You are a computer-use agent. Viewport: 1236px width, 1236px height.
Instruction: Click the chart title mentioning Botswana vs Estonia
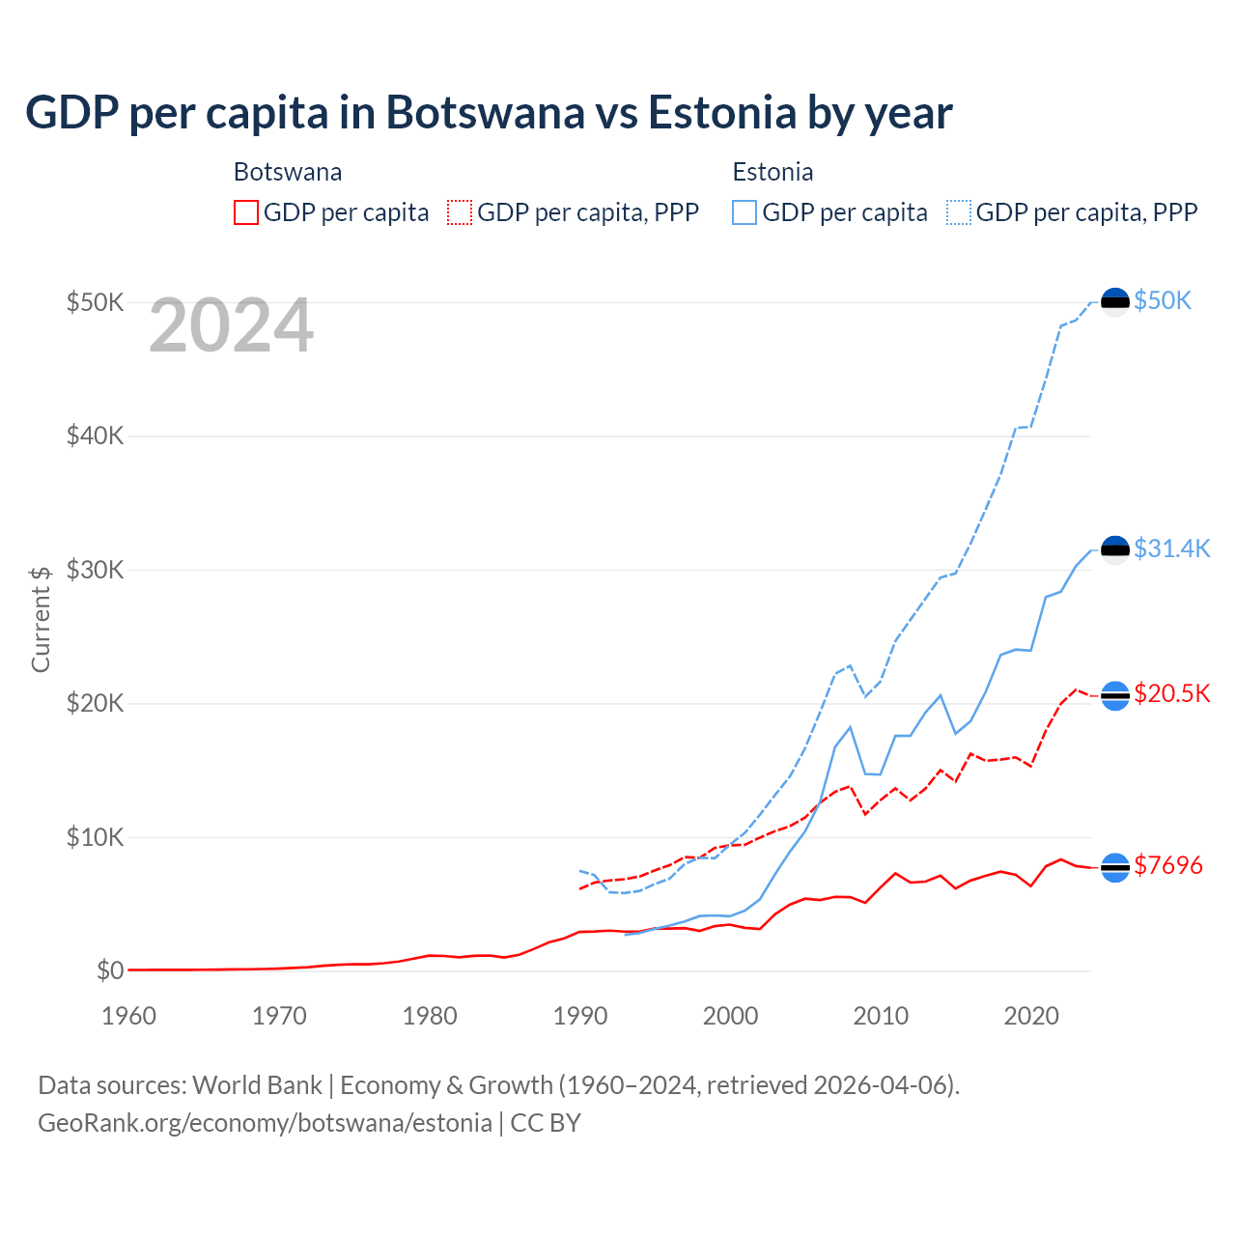pos(489,113)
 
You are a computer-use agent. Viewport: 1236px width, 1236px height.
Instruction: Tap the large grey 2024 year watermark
pos(231,326)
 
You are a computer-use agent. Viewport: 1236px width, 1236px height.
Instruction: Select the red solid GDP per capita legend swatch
pos(246,212)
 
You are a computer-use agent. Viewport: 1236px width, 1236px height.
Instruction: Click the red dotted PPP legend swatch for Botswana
pos(460,212)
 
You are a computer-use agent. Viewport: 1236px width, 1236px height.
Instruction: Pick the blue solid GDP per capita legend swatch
pos(744,212)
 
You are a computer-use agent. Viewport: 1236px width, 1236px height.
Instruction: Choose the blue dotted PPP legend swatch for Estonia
pos(959,212)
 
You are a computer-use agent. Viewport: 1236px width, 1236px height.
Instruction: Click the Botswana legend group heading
pos(288,172)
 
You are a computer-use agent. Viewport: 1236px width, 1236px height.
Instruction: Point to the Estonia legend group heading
pos(772,172)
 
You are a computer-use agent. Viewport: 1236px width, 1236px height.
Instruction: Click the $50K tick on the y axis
pos(95,302)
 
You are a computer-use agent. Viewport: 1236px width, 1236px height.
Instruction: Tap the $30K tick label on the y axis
pos(95,570)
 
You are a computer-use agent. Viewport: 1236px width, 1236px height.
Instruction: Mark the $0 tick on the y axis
pos(110,970)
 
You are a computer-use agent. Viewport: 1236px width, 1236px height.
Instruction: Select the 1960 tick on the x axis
pos(128,1016)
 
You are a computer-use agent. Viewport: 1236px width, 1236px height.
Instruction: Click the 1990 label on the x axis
pos(580,1016)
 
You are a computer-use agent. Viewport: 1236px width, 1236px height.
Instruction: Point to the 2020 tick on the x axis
pos(1031,1016)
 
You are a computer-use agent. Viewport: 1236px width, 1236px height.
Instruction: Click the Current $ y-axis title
pos(41,619)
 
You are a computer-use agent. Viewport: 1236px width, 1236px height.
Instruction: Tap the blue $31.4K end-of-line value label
pos(1171,548)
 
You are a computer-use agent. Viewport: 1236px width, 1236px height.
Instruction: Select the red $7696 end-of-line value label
pos(1167,865)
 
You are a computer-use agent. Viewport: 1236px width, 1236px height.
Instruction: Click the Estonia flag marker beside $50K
pos(1115,302)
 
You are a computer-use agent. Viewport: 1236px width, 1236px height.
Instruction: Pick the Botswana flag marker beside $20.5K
pos(1115,695)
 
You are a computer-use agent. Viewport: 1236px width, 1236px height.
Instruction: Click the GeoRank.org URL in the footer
pos(265,1123)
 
